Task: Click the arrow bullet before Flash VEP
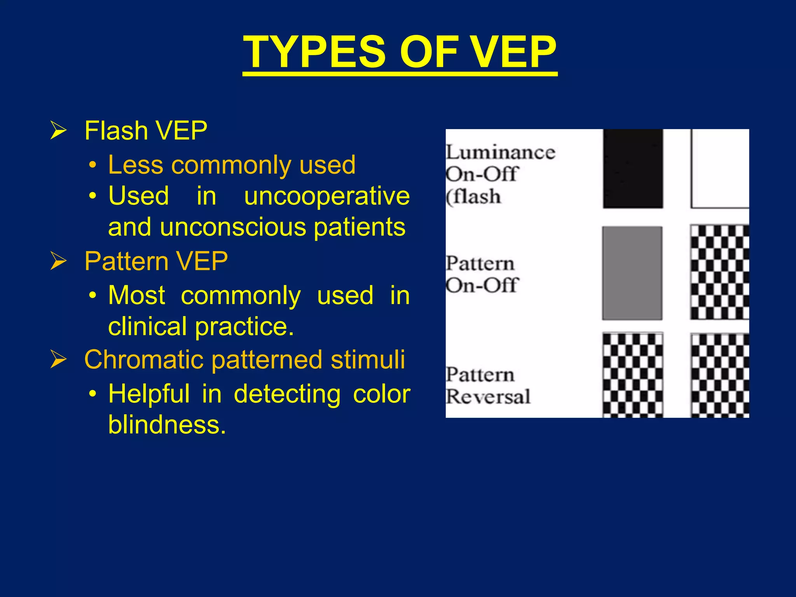(58, 131)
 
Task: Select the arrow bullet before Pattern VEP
(58, 261)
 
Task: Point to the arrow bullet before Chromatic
(58, 359)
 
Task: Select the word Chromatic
(143, 359)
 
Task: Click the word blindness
(167, 424)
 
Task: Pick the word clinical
(148, 326)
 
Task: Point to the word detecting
(287, 394)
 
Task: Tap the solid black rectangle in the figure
(633, 169)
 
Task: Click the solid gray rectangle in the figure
(632, 273)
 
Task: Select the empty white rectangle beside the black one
(720, 169)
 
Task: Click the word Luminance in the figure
(500, 152)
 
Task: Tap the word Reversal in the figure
(488, 397)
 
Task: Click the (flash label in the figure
(473, 197)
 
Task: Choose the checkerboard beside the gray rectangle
(720, 272)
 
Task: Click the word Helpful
(149, 394)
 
